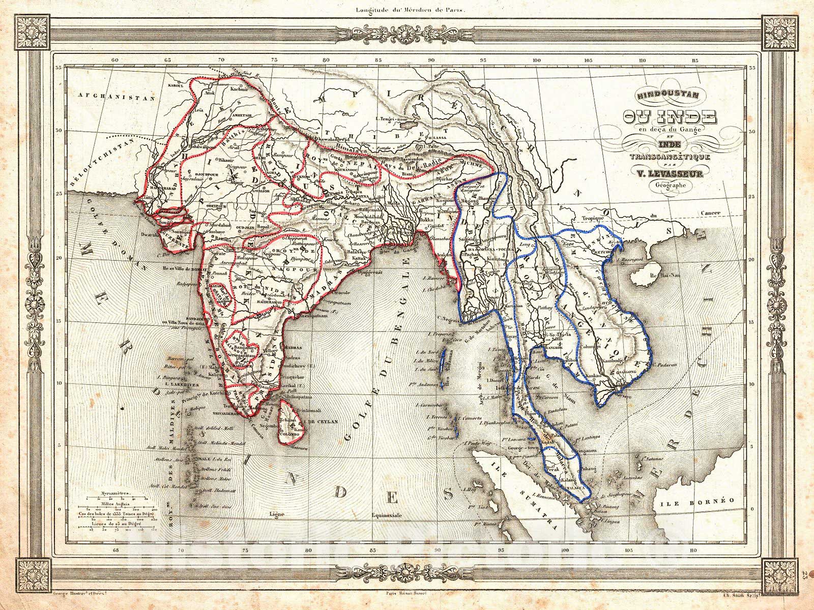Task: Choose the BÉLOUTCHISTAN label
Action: (x=102, y=168)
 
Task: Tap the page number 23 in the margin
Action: (x=803, y=575)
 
